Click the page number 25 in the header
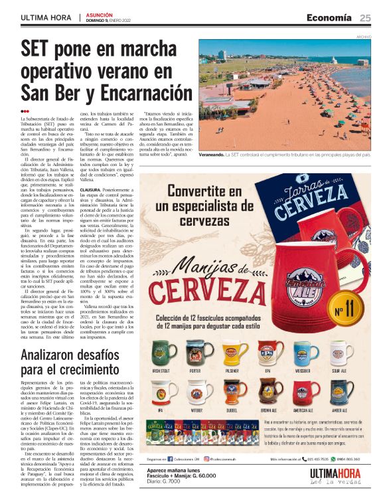(365, 17)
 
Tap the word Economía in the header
(329, 17)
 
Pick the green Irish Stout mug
(160, 354)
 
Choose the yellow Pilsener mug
(231, 354)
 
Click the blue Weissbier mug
(303, 354)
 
